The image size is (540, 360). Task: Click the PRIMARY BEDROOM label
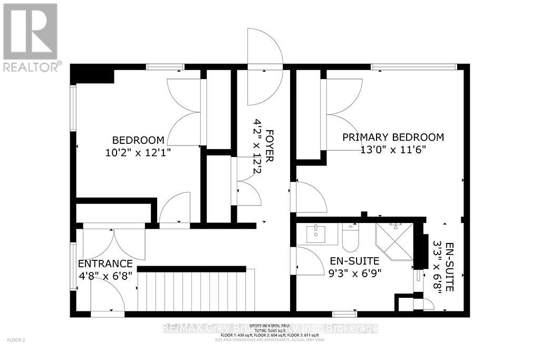[393, 137]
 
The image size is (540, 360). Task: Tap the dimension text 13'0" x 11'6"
[393, 149]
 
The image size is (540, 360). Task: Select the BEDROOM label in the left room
[138, 140]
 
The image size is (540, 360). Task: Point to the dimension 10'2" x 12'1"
[138, 152]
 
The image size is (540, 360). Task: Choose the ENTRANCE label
[105, 264]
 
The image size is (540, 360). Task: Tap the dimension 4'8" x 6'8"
[105, 275]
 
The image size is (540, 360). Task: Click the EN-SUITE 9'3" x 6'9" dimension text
[355, 273]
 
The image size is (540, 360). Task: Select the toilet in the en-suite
[350, 238]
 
